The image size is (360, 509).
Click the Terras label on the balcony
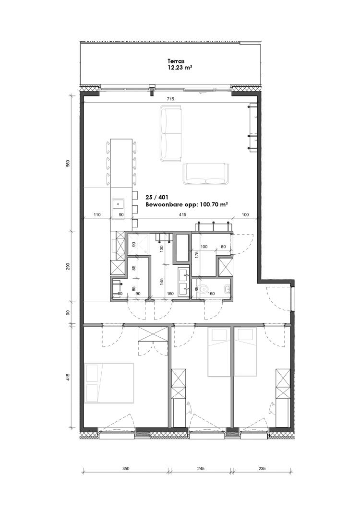tap(176, 61)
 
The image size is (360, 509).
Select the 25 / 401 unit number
tap(156, 197)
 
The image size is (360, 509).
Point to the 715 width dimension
tap(170, 99)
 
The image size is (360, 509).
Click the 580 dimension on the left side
tap(68, 163)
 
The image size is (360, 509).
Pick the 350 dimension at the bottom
tap(126, 468)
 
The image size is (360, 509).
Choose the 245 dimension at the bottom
tap(201, 468)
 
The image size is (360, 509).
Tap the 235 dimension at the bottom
tap(262, 468)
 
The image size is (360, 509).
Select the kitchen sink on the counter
tap(118, 204)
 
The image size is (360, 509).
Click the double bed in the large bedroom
tap(109, 383)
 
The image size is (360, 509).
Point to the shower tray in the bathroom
tap(137, 243)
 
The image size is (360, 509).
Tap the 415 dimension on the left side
tap(68, 377)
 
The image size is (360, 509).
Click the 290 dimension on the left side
tap(68, 267)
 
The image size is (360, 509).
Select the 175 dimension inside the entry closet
tap(196, 255)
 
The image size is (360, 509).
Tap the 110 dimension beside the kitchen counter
tap(96, 214)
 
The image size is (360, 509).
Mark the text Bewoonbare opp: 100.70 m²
tap(187, 205)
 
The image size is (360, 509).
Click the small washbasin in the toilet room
tap(227, 288)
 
